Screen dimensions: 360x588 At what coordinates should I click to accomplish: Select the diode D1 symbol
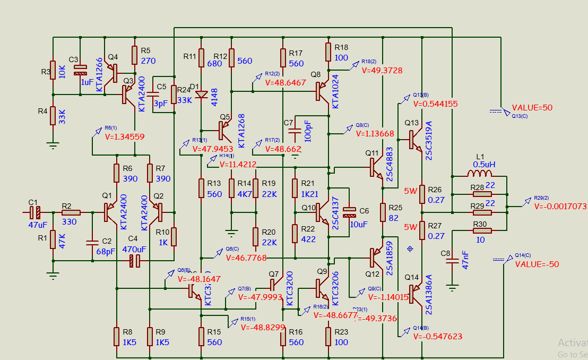pyautogui.click(x=202, y=95)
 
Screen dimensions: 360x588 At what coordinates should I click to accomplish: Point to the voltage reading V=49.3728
pyautogui.click(x=382, y=70)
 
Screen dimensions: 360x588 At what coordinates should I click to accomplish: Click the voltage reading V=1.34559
pyautogui.click(x=125, y=136)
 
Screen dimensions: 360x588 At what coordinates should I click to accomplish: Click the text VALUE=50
pyautogui.click(x=532, y=107)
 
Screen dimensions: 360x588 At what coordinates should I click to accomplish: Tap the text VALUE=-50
pyautogui.click(x=537, y=264)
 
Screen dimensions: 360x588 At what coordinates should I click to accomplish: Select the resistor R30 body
pyautogui.click(x=481, y=230)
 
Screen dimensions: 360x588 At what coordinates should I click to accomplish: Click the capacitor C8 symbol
pyautogui.click(x=452, y=261)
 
